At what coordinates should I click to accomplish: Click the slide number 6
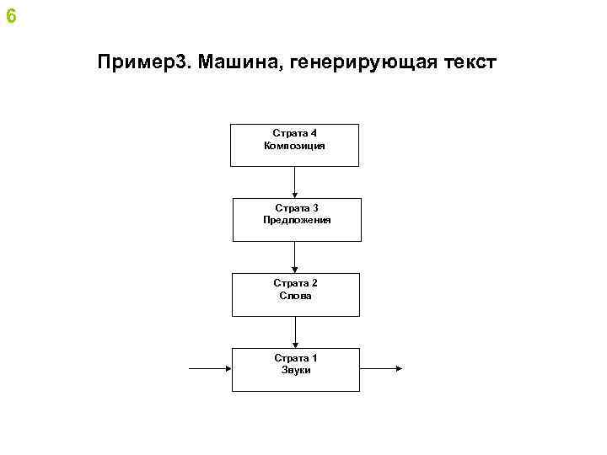[10, 16]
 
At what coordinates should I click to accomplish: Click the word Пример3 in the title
[144, 63]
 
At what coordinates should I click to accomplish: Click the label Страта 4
[294, 133]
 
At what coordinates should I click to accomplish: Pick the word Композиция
[294, 146]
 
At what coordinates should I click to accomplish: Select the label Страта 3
[296, 207]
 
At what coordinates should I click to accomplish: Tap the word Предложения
[296, 220]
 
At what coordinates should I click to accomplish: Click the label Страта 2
[295, 283]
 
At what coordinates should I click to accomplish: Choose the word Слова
[295, 296]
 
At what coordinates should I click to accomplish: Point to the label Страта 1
[295, 357]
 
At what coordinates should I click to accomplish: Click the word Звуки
[295, 370]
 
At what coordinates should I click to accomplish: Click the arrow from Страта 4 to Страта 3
[295, 182]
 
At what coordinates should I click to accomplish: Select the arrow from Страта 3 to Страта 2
[295, 257]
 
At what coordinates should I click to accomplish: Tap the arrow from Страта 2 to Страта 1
[295, 332]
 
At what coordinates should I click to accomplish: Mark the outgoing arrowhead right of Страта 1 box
[399, 369]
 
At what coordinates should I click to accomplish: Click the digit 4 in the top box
[314, 133]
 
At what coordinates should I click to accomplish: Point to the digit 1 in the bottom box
[314, 357]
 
